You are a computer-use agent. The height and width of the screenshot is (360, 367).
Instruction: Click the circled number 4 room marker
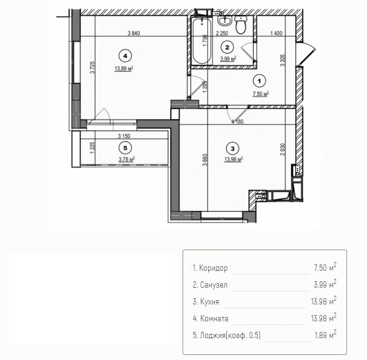(x=125, y=56)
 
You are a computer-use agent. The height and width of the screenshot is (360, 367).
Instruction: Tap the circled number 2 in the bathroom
(x=227, y=47)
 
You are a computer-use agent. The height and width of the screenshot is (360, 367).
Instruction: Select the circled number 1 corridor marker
(x=259, y=81)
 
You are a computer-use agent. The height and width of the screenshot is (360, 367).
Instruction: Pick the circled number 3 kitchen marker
(x=232, y=148)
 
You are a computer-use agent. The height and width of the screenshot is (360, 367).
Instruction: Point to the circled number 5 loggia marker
(x=125, y=148)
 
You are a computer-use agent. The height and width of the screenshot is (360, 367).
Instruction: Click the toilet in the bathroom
(x=241, y=24)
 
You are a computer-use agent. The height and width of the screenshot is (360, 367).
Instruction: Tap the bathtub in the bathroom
(x=202, y=41)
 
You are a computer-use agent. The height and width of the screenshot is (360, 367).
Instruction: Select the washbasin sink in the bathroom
(x=225, y=21)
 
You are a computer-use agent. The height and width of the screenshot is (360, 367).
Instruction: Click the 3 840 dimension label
(x=133, y=33)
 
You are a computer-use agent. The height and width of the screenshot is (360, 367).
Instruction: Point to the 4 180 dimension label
(x=237, y=122)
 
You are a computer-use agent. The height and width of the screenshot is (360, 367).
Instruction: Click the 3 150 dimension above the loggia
(x=124, y=136)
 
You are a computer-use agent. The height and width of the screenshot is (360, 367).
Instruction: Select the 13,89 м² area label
(x=124, y=69)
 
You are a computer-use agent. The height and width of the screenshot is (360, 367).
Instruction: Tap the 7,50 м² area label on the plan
(x=260, y=94)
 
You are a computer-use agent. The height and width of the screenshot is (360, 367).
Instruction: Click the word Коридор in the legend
(x=213, y=268)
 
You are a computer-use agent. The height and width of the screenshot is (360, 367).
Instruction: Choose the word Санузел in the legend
(x=214, y=285)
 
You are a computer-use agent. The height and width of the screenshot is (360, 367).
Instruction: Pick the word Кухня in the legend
(x=209, y=301)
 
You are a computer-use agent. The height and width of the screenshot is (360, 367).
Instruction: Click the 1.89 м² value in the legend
(x=326, y=334)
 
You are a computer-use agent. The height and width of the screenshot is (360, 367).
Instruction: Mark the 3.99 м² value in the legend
(x=325, y=284)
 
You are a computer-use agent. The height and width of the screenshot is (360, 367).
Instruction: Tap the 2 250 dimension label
(x=222, y=33)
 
